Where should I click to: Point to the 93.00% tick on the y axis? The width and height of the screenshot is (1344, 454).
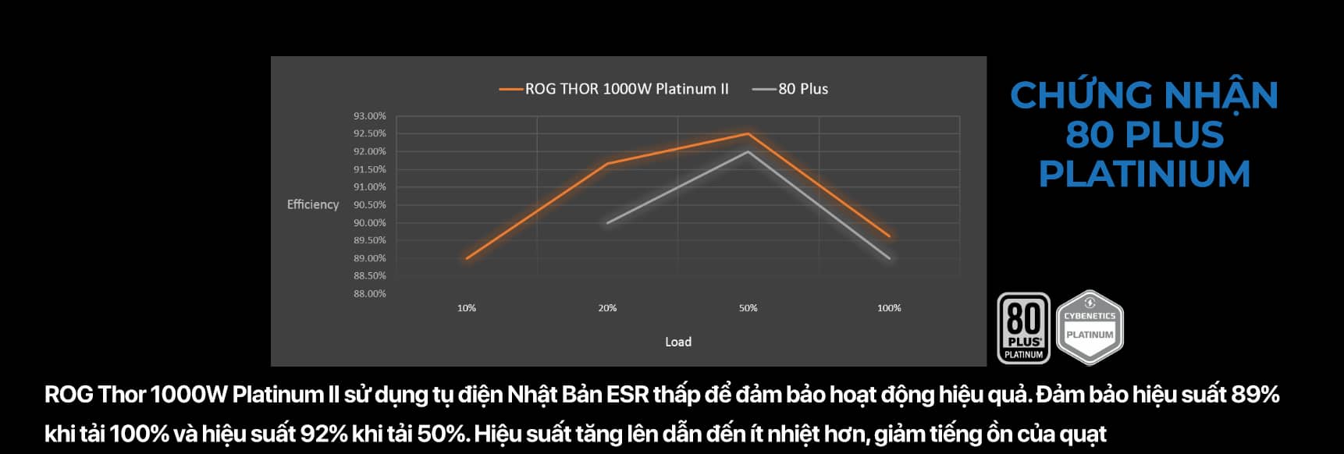click(x=369, y=116)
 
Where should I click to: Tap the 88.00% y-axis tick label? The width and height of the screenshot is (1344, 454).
click(x=369, y=294)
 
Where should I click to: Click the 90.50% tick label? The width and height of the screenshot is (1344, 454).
click(x=369, y=205)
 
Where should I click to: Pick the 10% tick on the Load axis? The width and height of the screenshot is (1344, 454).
click(x=467, y=308)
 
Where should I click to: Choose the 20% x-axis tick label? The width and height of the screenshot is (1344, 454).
click(x=607, y=308)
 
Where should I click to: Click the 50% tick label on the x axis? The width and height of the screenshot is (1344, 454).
click(x=748, y=308)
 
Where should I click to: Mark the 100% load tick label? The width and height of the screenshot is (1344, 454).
click(x=889, y=308)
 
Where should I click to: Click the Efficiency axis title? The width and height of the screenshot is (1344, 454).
click(x=313, y=204)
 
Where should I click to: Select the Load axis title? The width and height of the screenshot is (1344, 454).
click(x=678, y=342)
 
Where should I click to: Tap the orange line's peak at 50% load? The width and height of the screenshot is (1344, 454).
click(x=748, y=134)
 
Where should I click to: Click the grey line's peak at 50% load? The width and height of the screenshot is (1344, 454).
click(x=748, y=151)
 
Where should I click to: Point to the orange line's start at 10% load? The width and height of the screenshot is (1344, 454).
click(x=467, y=258)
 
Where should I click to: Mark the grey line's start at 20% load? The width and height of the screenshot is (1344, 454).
click(x=607, y=223)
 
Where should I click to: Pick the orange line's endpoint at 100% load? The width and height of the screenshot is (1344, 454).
click(x=889, y=236)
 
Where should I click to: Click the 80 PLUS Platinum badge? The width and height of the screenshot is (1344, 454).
click(x=1023, y=328)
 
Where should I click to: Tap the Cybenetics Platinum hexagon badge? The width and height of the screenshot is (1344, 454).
click(x=1090, y=328)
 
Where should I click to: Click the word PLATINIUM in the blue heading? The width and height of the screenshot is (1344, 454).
click(x=1144, y=174)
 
